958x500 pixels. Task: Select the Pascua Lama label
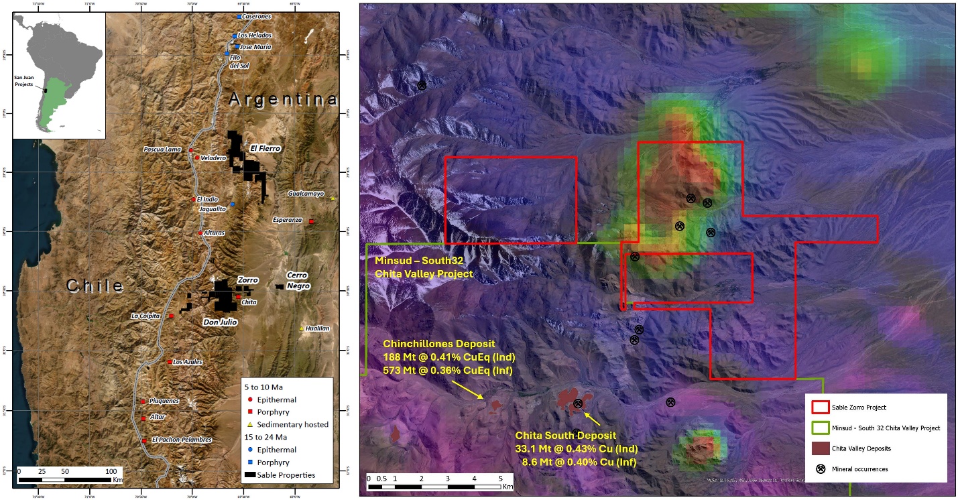(162, 149)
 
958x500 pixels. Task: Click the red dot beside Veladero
(197, 158)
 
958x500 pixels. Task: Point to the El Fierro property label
(265, 148)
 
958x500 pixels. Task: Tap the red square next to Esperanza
(312, 221)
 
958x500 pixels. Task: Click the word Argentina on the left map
(283, 100)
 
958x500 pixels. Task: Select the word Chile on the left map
(95, 286)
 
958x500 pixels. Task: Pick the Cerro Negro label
(298, 280)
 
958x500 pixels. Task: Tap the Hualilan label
(317, 328)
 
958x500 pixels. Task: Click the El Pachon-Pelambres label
(182, 440)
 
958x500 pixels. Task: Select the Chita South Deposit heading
(565, 436)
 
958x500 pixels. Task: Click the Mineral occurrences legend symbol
(820, 468)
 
